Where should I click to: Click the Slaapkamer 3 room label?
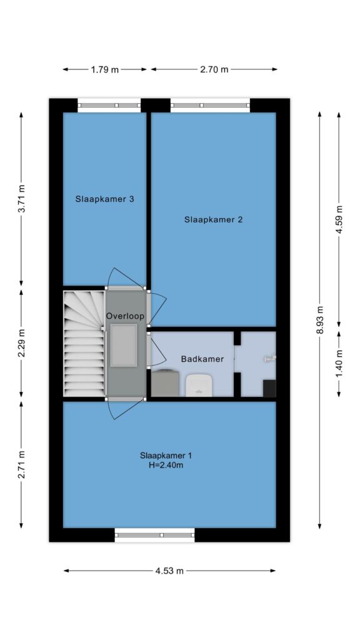[105, 199]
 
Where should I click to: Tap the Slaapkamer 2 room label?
[214, 219]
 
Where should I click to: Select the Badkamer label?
[202, 359]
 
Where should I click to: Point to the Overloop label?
[125, 316]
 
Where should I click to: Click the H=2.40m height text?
[166, 465]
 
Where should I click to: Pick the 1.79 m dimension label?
[105, 69]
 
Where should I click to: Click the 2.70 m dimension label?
[214, 69]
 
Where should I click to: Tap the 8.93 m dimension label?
[320, 319]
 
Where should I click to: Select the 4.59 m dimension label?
[339, 220]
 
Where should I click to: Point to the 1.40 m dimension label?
[339, 364]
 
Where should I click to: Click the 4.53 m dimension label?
[169, 571]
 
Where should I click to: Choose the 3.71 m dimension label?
[21, 199]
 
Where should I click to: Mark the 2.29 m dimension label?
[21, 343]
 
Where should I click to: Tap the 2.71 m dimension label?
[21, 464]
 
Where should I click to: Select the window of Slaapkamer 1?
[155, 535]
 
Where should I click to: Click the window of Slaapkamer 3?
[109, 105]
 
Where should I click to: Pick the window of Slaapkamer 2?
[210, 105]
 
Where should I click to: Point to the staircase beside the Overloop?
[84, 343]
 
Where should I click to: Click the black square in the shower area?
[269, 388]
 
